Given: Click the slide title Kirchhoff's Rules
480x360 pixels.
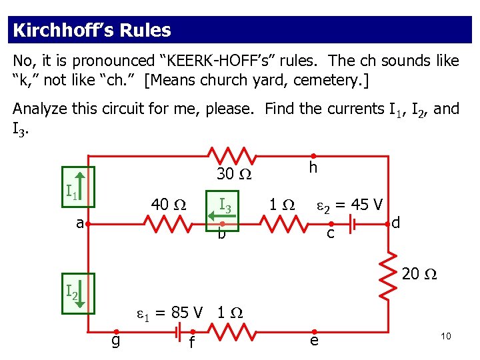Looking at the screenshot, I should pos(92,31).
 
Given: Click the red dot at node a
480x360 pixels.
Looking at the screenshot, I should pos(87,225).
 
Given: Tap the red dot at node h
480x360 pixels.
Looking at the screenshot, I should pos(313,156).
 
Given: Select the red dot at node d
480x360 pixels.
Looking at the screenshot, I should pos(387,225).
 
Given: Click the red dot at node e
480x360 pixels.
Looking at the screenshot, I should pos(313,331).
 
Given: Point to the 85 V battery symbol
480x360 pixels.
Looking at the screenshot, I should pos(177,331).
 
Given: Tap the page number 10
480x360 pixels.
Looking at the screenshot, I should pos(445,336).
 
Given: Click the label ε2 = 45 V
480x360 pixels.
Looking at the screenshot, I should pos(348,204).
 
